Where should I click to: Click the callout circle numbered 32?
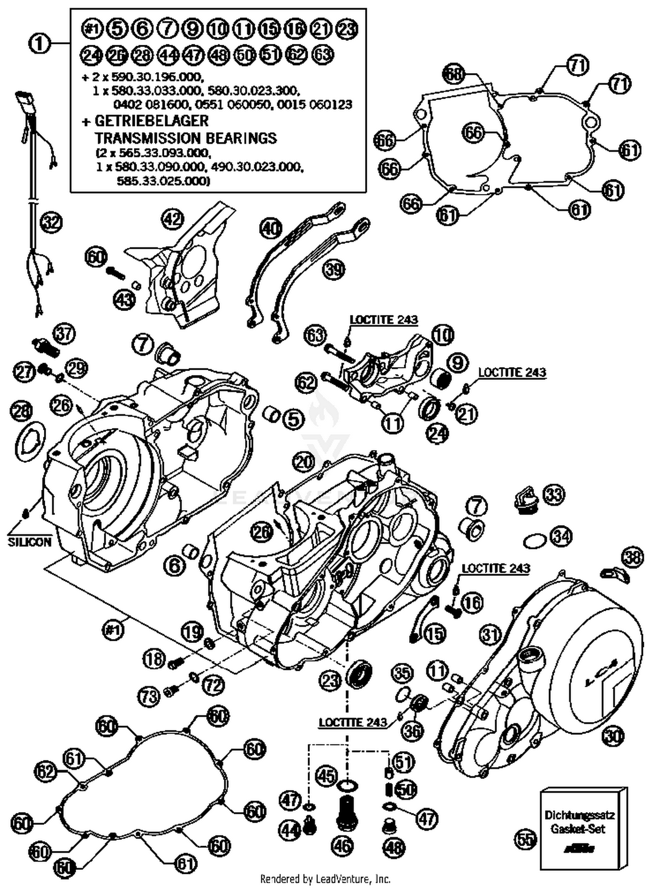[x=51, y=223]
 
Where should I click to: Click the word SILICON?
[x=30, y=542]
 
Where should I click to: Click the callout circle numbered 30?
[x=613, y=736]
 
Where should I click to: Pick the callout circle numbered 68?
[x=454, y=74]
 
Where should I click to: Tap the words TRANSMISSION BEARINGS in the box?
[x=186, y=138]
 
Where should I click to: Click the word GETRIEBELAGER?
[x=152, y=120]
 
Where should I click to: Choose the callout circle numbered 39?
[x=333, y=270]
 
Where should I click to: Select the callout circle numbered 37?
[x=64, y=334]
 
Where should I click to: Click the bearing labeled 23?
[x=359, y=674]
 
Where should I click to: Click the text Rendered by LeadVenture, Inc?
[x=325, y=879]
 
